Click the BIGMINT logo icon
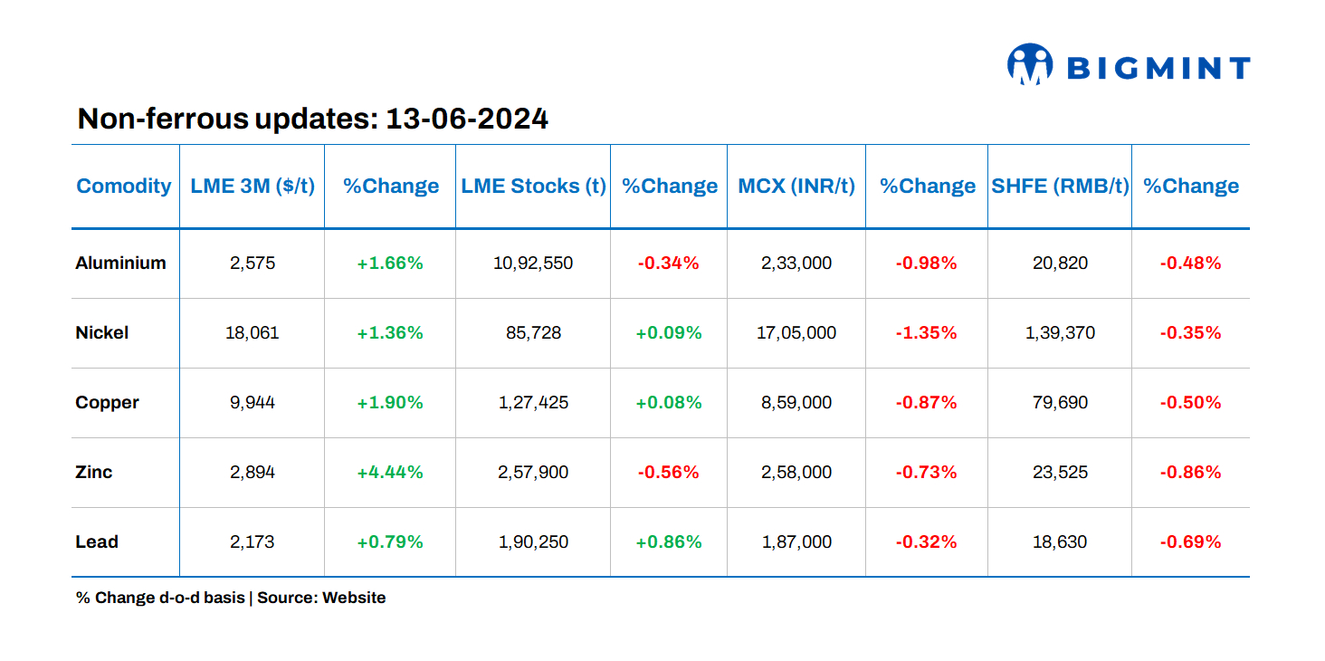(x=1029, y=65)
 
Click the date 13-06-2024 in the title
(x=466, y=119)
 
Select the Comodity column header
(x=124, y=186)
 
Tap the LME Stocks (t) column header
(x=533, y=186)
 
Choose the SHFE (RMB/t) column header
(x=1060, y=186)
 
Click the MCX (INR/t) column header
(x=796, y=186)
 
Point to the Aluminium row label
(x=120, y=263)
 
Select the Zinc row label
(x=94, y=472)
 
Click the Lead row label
(x=97, y=541)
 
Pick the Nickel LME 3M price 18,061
(x=252, y=333)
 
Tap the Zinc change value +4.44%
(x=390, y=472)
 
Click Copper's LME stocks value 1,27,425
(x=533, y=403)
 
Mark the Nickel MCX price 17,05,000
(x=796, y=333)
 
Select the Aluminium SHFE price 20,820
(x=1060, y=263)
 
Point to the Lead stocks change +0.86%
(x=669, y=541)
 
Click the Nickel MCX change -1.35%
(x=926, y=333)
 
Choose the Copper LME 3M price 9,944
(x=252, y=403)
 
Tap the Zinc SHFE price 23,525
(x=1060, y=472)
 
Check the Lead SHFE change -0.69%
(x=1190, y=541)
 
